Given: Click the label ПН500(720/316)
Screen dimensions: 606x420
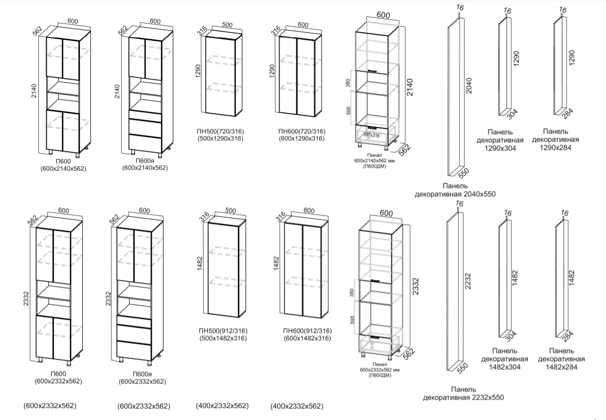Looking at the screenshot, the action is coord(220,131).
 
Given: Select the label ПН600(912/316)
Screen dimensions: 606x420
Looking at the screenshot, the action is coord(307,331).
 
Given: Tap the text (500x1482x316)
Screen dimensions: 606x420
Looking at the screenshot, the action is coord(223,338).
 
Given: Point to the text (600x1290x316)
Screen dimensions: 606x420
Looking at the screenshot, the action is coord(302,139).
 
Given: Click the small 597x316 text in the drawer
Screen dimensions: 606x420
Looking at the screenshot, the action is coord(371,135).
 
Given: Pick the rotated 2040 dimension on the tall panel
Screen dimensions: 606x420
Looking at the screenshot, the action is coord(468,86).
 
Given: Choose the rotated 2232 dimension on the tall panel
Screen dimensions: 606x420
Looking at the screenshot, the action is coord(468,281).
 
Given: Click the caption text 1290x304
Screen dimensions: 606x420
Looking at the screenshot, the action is coord(500,148).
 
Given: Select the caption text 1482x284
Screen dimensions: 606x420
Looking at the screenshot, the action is coord(561,367).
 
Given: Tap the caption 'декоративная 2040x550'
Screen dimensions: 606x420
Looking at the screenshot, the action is coord(455,194).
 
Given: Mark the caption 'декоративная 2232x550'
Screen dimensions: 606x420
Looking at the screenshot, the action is coord(463,398).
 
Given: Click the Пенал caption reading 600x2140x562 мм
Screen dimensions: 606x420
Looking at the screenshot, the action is coord(374,160).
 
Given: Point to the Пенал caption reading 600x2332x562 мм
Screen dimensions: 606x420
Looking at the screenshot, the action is coord(379,370).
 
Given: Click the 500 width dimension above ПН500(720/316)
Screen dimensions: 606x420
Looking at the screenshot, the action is coord(227,25).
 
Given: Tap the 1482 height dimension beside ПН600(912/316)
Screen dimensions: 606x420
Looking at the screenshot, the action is coord(276,263).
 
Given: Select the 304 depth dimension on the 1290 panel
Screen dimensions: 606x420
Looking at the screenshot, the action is coord(512,114).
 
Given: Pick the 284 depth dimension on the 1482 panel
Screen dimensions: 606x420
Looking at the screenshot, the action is coord(568,336).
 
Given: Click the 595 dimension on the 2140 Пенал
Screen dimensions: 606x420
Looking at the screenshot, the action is coord(348,110).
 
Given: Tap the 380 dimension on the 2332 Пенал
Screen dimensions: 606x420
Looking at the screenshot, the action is coord(352,292).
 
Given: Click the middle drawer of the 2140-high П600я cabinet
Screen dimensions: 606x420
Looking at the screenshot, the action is coord(145,126).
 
